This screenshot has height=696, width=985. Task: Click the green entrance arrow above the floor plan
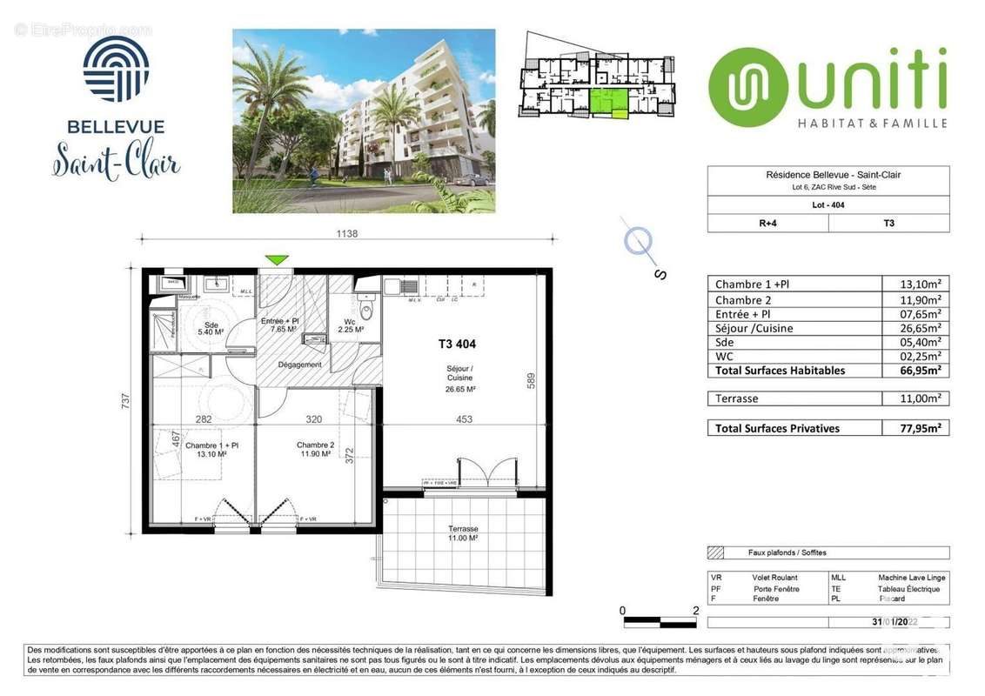coord(277,260)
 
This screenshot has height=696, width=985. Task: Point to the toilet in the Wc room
coord(366,311)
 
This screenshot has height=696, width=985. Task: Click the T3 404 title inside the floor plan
coord(457,344)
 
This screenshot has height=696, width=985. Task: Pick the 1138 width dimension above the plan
coord(346,233)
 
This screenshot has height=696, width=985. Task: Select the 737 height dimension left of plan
coord(125,400)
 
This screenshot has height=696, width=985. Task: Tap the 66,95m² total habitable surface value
coord(914,371)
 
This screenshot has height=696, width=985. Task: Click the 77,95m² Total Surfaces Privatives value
coord(914,428)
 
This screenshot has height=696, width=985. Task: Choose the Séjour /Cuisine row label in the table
coord(754,328)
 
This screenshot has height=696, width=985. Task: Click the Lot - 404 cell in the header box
coord(828,205)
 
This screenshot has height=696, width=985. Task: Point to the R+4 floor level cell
coord(767,223)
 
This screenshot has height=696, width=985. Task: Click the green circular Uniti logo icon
coord(742,87)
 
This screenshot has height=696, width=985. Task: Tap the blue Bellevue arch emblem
coord(116,69)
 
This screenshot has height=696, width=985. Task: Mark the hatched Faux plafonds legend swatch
coord(716,552)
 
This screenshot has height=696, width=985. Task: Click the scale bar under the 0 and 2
coord(659,621)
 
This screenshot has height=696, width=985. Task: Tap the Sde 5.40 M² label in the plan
coord(210,327)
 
